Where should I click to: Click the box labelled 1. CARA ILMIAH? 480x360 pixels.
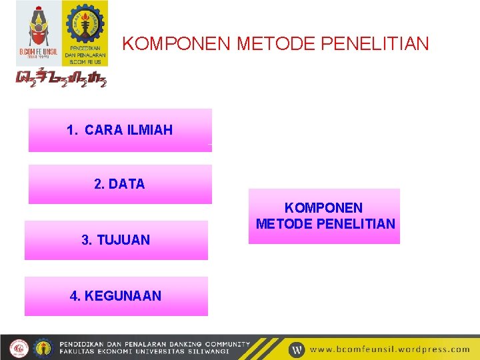pos(120,131)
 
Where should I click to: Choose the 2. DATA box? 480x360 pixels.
pos(120,184)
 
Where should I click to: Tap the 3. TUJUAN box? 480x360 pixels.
pos(116,240)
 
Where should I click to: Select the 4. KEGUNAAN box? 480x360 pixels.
pos(116,296)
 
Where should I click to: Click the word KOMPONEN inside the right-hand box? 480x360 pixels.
pos(324,209)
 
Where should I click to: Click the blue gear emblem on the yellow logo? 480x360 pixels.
pos(85,23)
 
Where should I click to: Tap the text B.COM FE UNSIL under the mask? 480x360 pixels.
pos(37,51)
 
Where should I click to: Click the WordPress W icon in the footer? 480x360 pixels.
pos(297,349)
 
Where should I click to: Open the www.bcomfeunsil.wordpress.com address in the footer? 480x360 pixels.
pos(390,349)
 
